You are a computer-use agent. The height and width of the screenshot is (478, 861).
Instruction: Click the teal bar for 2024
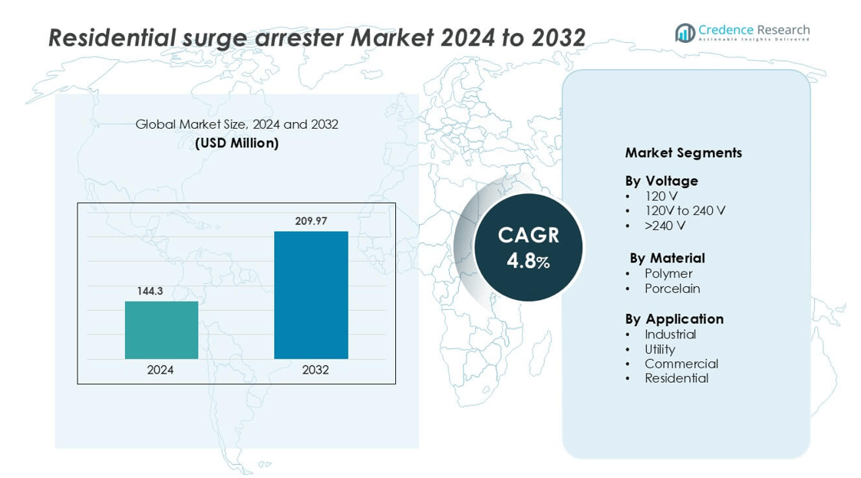click(161, 330)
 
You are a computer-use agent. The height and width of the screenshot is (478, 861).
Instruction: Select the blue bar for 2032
click(311, 295)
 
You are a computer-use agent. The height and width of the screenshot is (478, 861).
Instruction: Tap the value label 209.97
click(311, 221)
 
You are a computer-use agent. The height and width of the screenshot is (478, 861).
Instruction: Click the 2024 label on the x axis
click(160, 370)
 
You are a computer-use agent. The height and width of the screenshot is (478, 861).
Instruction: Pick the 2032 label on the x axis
click(315, 370)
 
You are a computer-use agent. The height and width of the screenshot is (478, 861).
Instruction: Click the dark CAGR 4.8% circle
click(528, 247)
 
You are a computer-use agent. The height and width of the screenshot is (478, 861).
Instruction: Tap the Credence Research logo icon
click(685, 32)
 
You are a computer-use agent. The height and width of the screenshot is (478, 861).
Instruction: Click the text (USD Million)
click(236, 143)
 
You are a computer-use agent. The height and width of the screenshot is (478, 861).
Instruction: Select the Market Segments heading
click(683, 153)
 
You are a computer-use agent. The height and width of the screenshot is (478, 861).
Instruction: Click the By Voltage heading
click(661, 181)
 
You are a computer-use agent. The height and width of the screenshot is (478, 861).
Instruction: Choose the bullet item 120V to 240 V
click(685, 211)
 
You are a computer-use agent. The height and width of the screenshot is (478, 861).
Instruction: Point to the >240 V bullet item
click(665, 226)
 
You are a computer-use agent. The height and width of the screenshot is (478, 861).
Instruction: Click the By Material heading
click(667, 258)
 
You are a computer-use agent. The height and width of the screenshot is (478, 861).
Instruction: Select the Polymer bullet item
click(668, 274)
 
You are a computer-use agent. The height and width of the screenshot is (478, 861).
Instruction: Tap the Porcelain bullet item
click(672, 288)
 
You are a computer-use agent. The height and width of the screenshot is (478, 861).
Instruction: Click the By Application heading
click(674, 318)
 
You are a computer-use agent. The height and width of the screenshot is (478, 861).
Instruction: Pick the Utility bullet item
click(660, 349)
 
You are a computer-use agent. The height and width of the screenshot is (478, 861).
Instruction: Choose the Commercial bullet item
click(681, 364)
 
